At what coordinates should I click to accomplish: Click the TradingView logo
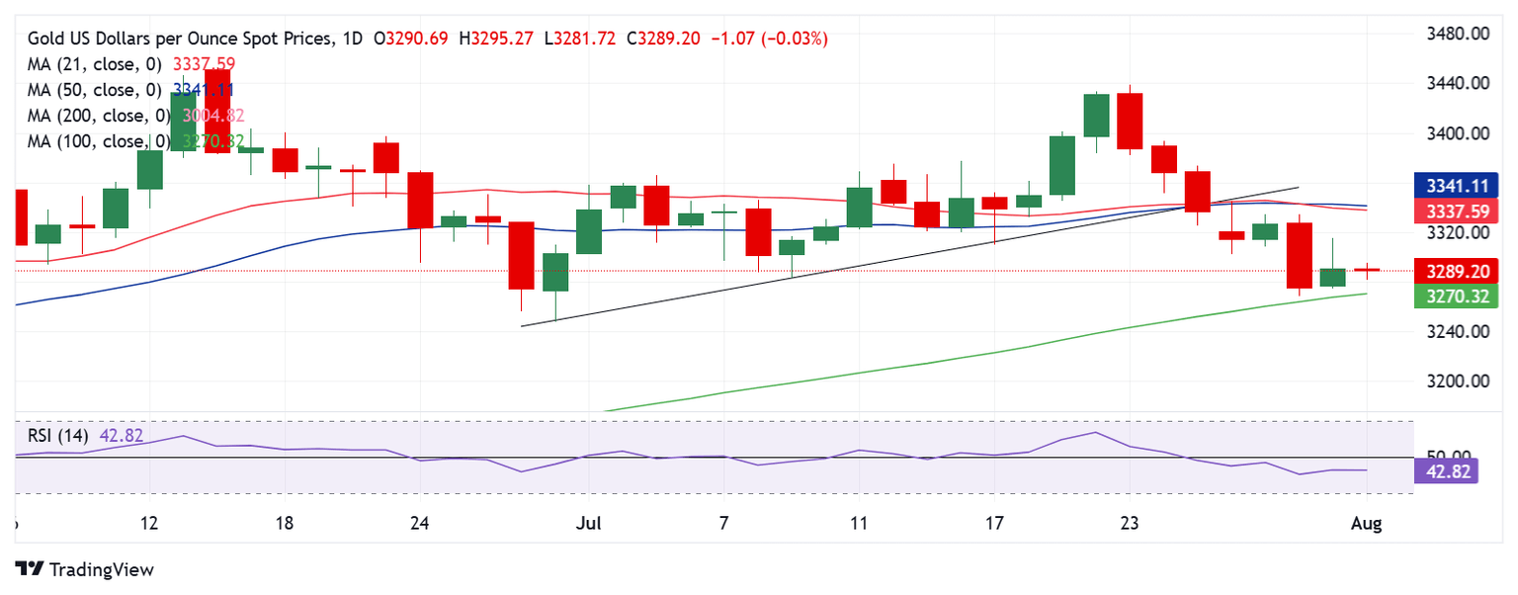click(x=86, y=570)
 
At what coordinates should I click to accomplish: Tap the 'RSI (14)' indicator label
click(x=58, y=436)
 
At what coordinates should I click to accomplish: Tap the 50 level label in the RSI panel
click(x=1445, y=456)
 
